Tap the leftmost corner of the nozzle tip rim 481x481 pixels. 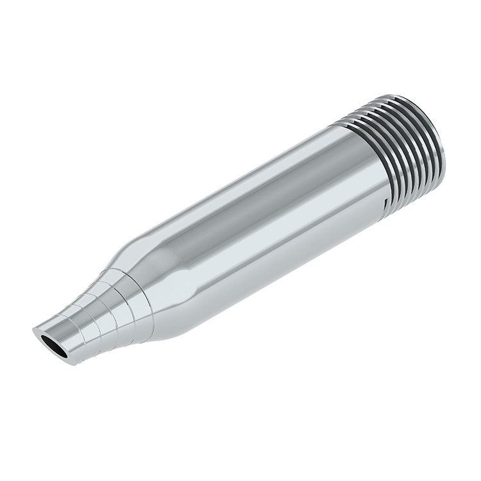pos(33,332)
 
